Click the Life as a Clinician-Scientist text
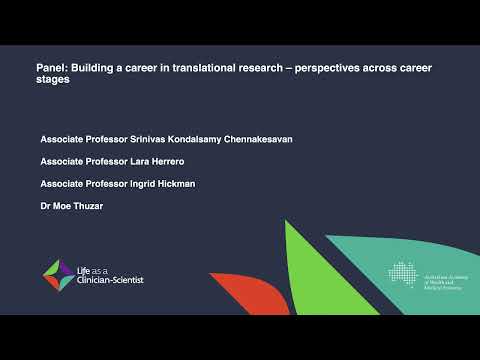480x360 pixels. (x=110, y=274)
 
